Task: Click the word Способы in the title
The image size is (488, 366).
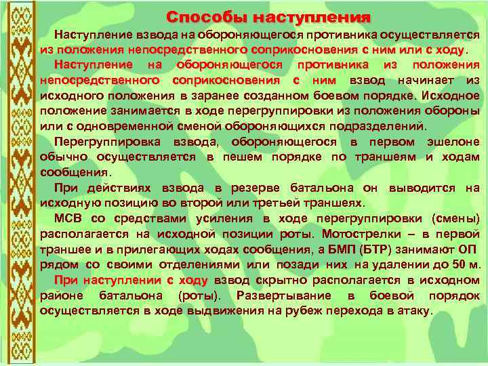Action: [201, 16]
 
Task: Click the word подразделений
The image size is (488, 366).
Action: [380, 126]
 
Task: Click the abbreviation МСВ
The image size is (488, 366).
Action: [68, 218]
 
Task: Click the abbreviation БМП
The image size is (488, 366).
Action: [369, 248]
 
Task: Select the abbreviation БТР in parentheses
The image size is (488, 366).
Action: [402, 248]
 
